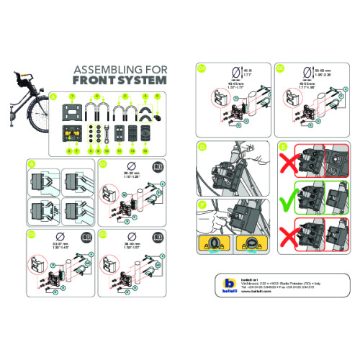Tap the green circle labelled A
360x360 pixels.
(53, 96)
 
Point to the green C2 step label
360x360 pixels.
(30, 233)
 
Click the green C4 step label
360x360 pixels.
(202, 69)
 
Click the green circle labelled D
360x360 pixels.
(202, 146)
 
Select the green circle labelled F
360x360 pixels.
(202, 205)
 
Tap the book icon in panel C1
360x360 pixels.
(157, 166)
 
